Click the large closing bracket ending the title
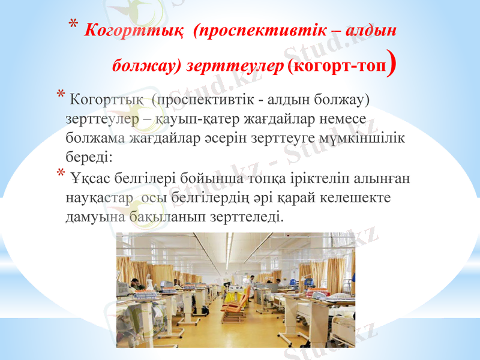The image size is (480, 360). click(x=391, y=64)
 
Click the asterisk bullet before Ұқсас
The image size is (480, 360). click(x=61, y=175)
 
